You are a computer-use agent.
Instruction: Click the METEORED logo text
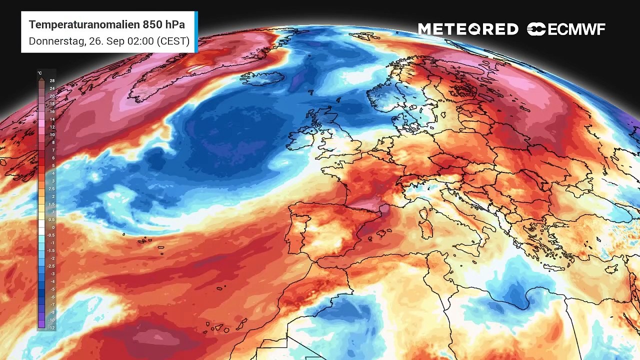pyautogui.click(x=468, y=29)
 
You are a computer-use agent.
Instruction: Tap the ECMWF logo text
pyautogui.click(x=576, y=29)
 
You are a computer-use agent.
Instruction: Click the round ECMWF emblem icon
pyautogui.click(x=536, y=29)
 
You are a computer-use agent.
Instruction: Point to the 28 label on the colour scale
pyautogui.click(x=52, y=80)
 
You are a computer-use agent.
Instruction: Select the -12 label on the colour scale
pyautogui.click(x=52, y=327)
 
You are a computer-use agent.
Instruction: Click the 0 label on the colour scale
pyautogui.click(x=52, y=227)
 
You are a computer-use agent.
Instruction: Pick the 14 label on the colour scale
pyautogui.click(x=52, y=119)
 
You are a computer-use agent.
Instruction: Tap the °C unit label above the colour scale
pyautogui.click(x=40, y=73)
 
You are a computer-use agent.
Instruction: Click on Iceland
pyautogui.click(x=262, y=78)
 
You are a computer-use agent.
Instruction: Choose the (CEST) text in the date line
pyautogui.click(x=173, y=41)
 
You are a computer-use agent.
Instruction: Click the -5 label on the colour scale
pyautogui.click(x=52, y=289)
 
